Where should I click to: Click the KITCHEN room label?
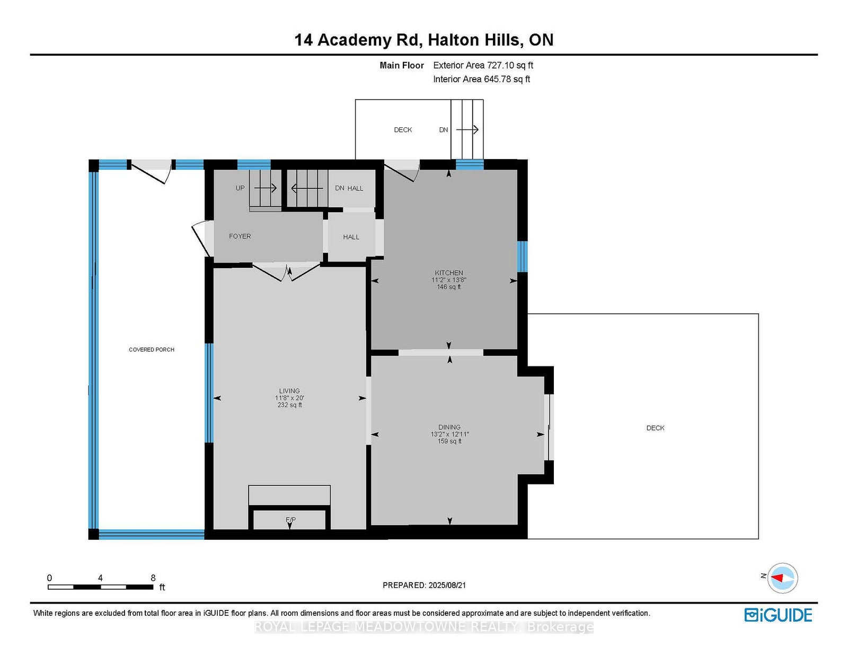pyautogui.click(x=449, y=273)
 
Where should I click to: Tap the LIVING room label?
pyautogui.click(x=289, y=390)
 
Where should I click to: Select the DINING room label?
pyautogui.click(x=449, y=427)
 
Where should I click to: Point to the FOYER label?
pyautogui.click(x=240, y=236)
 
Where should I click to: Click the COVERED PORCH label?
pyautogui.click(x=152, y=349)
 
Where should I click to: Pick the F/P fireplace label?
pyautogui.click(x=291, y=519)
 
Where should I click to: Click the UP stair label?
pyautogui.click(x=240, y=188)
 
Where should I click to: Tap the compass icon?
pyautogui.click(x=782, y=578)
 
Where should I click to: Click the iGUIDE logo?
pyautogui.click(x=778, y=615)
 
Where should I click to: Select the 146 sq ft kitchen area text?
pyautogui.click(x=449, y=287)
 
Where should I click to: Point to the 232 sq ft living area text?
pyautogui.click(x=289, y=405)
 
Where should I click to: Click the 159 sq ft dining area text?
pyautogui.click(x=449, y=441)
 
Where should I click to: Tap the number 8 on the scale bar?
pyautogui.click(x=153, y=578)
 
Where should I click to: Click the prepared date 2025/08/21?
pyautogui.click(x=447, y=585)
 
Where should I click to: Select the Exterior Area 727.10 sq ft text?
pyautogui.click(x=483, y=65)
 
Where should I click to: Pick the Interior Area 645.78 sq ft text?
pyautogui.click(x=482, y=79)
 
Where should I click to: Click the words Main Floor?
pyautogui.click(x=402, y=65)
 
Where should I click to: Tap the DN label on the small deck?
pyautogui.click(x=443, y=129)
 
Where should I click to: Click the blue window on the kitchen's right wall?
pyautogui.click(x=523, y=256)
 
